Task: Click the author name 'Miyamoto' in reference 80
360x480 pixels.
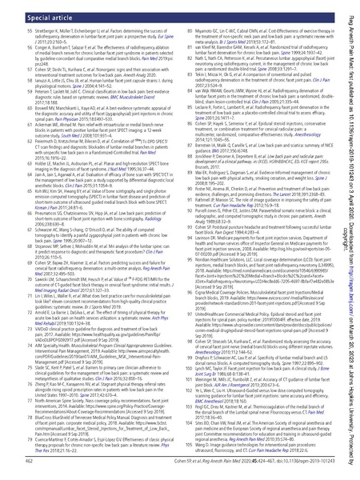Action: coord(209,30)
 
